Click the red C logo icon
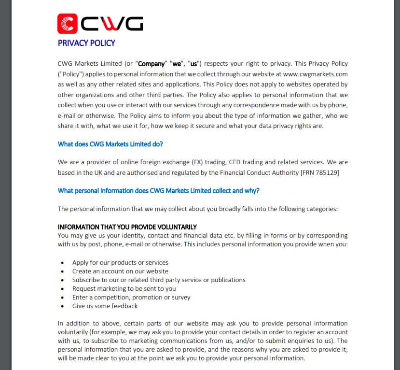click(68, 23)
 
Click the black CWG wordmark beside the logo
click(111, 23)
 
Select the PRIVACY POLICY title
click(86, 43)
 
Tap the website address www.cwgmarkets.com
click(316, 74)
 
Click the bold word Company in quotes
click(152, 64)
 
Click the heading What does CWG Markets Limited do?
click(110, 144)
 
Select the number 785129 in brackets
click(327, 172)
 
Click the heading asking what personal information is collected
click(159, 190)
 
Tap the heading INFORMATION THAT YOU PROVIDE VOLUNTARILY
click(127, 227)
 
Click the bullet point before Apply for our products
click(63, 263)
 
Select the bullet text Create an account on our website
click(120, 271)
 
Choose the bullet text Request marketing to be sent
click(124, 289)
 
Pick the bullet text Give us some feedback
click(105, 306)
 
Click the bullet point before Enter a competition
click(63, 298)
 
